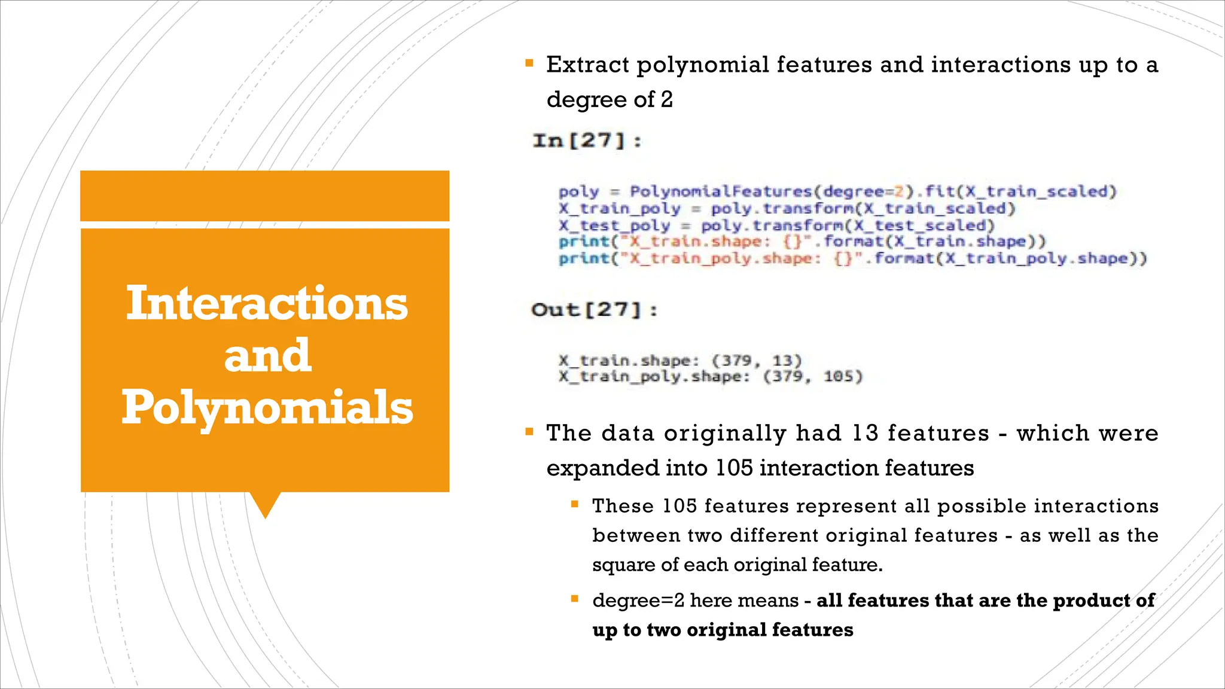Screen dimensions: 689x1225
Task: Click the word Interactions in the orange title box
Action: coord(267,304)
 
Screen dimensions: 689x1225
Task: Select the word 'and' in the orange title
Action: coord(267,356)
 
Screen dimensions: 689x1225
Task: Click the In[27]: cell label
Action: coord(587,141)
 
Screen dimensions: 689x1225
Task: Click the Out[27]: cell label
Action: coord(594,310)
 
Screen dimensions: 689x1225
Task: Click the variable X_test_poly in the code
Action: coord(614,225)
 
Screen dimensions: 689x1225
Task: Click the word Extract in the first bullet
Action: coord(587,65)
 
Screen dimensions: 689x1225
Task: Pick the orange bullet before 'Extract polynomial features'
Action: coord(529,63)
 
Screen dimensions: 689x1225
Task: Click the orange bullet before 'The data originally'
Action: coord(529,431)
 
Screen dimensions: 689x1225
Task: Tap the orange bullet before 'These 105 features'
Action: coord(574,504)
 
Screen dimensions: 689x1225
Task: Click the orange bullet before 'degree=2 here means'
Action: coord(574,599)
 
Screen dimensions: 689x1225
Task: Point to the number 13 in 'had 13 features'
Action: coord(865,433)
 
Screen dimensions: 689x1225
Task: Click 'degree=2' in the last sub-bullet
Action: coord(638,600)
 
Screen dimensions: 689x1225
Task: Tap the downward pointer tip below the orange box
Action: coord(265,516)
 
